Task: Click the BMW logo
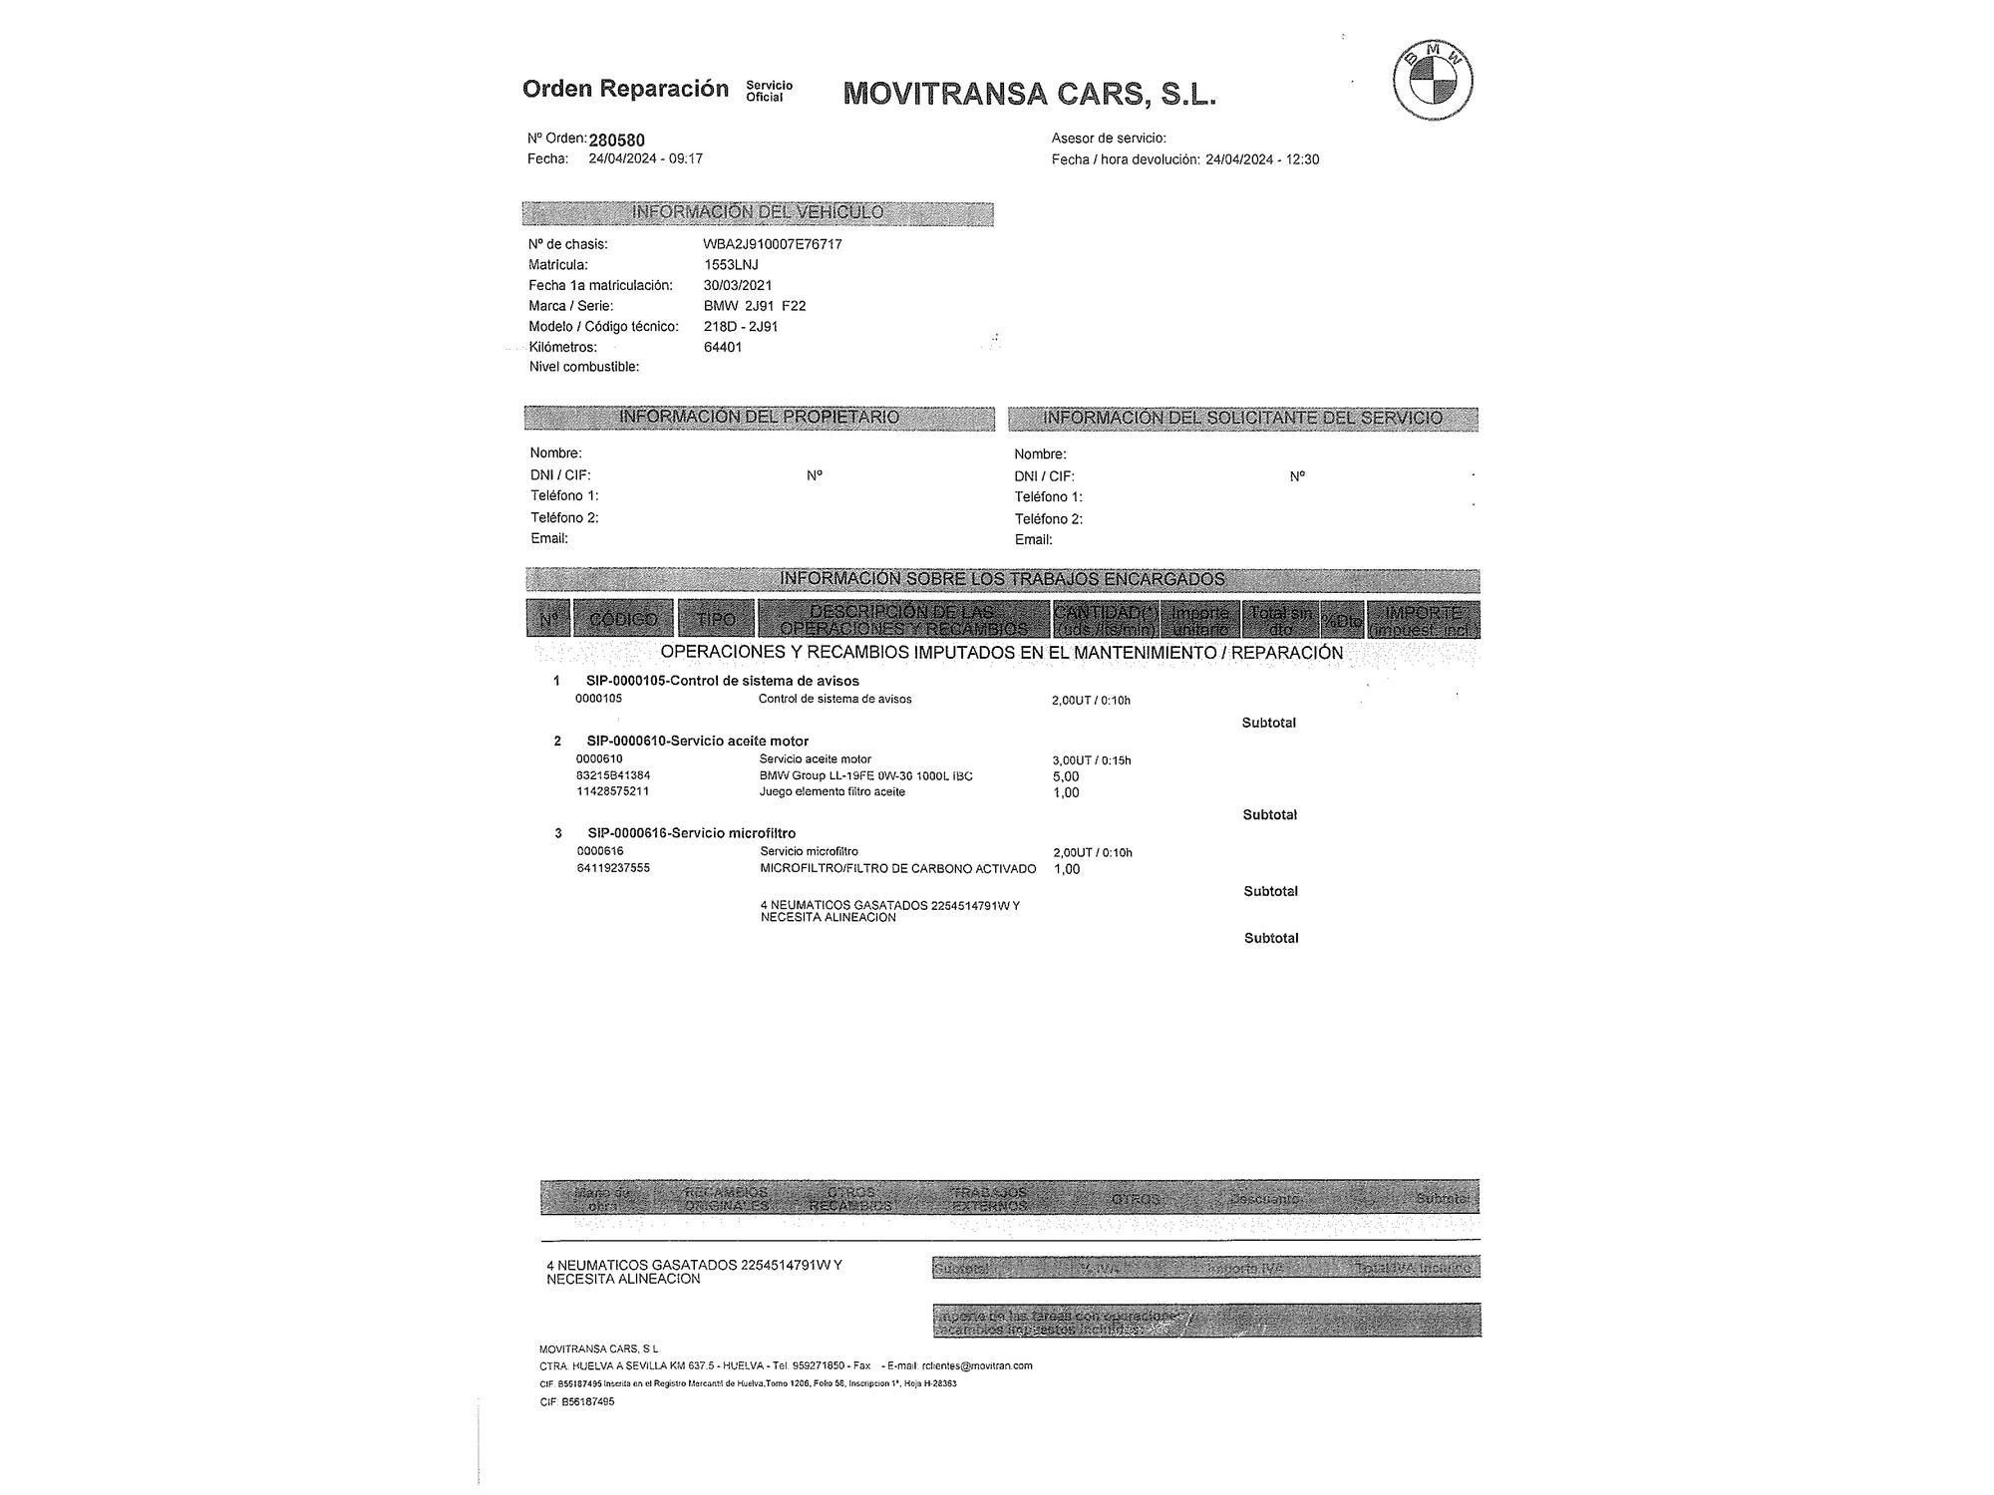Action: (x=1433, y=81)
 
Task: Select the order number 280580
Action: (x=616, y=141)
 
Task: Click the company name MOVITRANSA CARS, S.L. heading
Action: (x=1029, y=94)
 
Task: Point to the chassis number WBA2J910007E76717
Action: (x=773, y=244)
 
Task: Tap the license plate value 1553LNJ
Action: (x=731, y=265)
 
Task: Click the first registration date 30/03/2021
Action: (x=738, y=286)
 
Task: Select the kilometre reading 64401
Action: (x=723, y=348)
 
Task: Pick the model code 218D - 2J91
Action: (x=741, y=327)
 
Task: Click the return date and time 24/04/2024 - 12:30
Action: (x=1262, y=159)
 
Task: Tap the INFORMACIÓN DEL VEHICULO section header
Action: (x=758, y=212)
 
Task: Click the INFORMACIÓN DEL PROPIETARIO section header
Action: (x=759, y=417)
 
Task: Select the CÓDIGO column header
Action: (x=623, y=619)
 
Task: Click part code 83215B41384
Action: (x=613, y=775)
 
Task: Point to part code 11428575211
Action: (x=613, y=791)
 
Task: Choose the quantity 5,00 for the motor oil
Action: (x=1066, y=776)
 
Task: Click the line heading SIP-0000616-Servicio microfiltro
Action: (x=692, y=833)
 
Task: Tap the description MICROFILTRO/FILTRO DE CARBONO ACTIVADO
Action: (x=897, y=869)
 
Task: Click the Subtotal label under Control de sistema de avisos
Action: (x=1268, y=723)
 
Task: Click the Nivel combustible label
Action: (x=584, y=367)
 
